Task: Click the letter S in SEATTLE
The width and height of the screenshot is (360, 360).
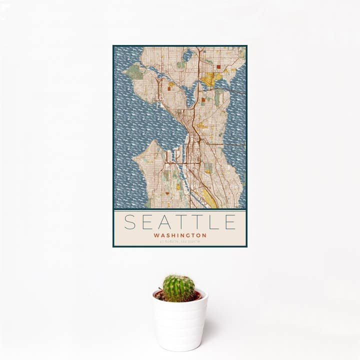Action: [130, 222]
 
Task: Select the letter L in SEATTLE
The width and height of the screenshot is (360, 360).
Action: [214, 222]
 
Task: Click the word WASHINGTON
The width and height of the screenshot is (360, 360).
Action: [180, 235]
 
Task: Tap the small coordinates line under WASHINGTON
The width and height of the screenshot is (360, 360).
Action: [180, 242]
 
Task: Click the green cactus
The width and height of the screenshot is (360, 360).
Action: [178, 288]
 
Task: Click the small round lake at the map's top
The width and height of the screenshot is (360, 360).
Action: [187, 55]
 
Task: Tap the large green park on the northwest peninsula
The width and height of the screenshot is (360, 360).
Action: [133, 72]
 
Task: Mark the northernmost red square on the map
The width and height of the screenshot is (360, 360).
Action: [218, 66]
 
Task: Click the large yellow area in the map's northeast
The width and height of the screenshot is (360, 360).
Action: [210, 78]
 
